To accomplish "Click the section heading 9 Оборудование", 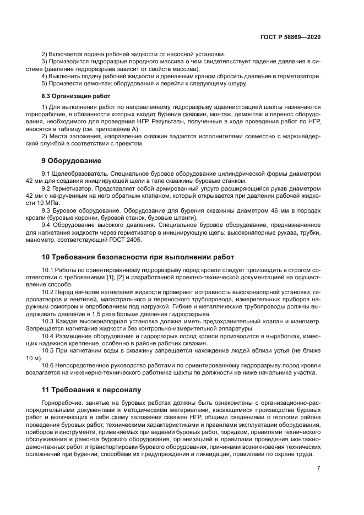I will (x=72, y=161).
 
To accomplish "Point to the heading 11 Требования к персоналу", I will (x=92, y=389).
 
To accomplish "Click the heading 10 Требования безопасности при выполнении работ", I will (x=138, y=257).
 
